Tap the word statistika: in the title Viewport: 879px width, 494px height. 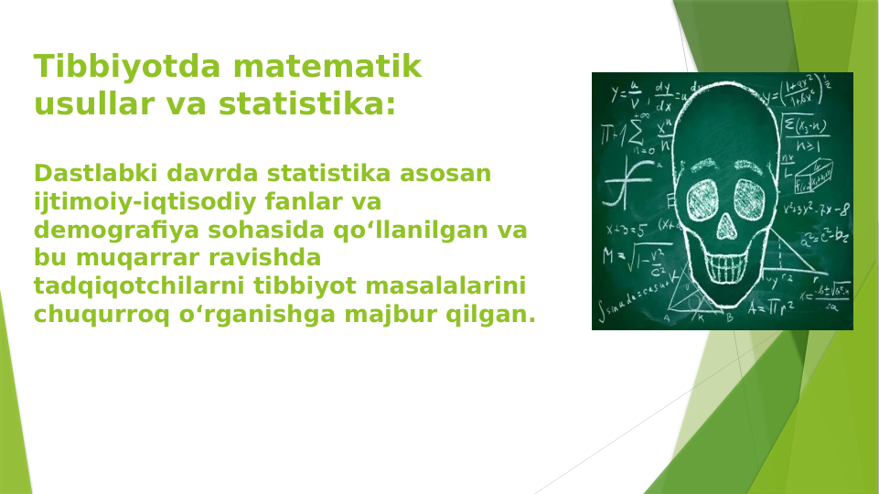click(306, 104)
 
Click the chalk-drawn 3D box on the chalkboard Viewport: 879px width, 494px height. click(812, 176)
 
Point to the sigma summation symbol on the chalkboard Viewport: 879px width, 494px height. click(633, 132)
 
